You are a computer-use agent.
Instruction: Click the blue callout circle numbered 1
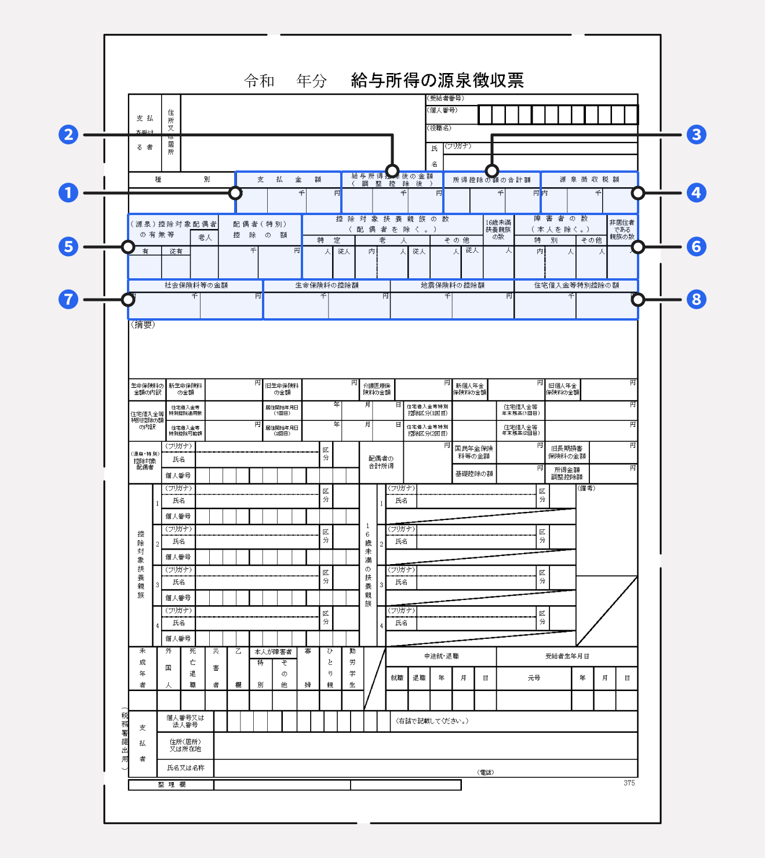click(x=68, y=192)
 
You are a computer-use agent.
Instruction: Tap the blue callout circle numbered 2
click(x=68, y=134)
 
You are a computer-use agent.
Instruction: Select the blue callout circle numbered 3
click(x=696, y=134)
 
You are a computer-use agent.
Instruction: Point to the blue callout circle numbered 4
click(x=696, y=192)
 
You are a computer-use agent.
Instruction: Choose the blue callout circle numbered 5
click(x=68, y=246)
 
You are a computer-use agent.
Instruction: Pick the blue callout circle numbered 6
click(x=696, y=246)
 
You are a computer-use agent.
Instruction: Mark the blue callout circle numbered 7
click(x=68, y=299)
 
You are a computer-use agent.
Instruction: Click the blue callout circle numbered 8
click(x=696, y=299)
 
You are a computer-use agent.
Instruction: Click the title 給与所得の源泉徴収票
click(x=437, y=80)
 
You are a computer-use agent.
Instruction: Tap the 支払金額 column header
click(x=289, y=180)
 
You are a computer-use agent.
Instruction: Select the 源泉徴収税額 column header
click(x=589, y=180)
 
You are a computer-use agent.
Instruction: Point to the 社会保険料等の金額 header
click(x=196, y=285)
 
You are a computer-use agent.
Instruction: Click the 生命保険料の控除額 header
click(x=327, y=285)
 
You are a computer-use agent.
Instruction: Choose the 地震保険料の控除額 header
click(x=452, y=285)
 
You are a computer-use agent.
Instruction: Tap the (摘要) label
click(x=143, y=325)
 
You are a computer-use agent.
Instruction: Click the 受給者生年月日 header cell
click(x=567, y=656)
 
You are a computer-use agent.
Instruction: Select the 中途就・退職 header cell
click(x=441, y=656)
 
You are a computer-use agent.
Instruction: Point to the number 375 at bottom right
click(x=629, y=783)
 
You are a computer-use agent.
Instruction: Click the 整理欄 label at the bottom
click(x=172, y=784)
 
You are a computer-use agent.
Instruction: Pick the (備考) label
click(x=586, y=488)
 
